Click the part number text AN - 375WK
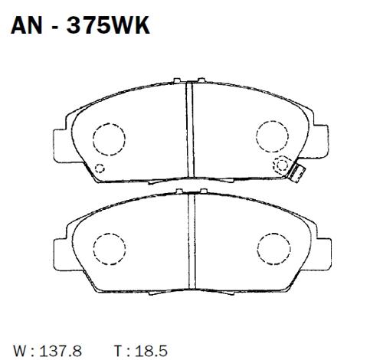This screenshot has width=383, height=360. pos(78,28)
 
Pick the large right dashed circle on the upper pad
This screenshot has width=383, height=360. pos(270,136)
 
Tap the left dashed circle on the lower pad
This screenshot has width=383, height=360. pos(108,249)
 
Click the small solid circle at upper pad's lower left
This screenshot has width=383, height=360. pos(99,169)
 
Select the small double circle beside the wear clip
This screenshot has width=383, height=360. pos(280,162)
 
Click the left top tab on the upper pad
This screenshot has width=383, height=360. pos(177,79)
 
